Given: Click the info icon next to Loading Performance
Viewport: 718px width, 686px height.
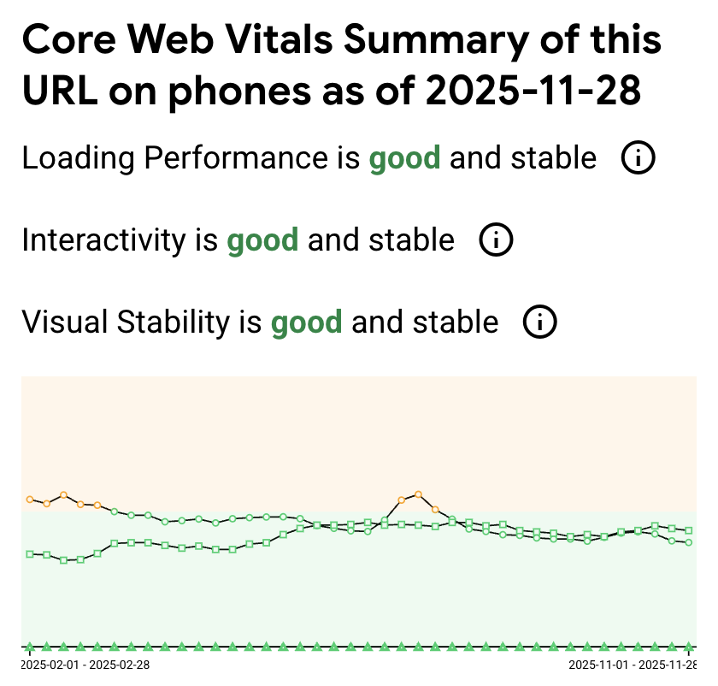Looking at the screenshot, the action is [x=638, y=157].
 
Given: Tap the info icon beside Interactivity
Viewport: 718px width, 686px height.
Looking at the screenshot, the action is [x=496, y=240].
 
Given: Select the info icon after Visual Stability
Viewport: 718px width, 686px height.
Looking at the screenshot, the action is [x=540, y=322].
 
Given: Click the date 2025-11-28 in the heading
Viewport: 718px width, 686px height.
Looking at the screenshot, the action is [x=533, y=91].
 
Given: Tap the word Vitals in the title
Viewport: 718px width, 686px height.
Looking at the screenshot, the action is [x=279, y=39].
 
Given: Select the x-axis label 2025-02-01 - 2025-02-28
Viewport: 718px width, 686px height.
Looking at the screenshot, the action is [x=85, y=665].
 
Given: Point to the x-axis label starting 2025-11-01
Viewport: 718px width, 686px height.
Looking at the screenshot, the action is [x=633, y=665].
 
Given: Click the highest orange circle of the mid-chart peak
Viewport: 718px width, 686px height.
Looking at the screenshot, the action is [x=418, y=494].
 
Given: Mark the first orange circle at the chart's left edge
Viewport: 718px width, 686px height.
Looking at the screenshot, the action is [x=30, y=499].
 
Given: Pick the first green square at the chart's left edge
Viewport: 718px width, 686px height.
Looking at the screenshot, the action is [x=30, y=554].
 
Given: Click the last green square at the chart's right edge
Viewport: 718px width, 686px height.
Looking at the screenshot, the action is [x=688, y=530].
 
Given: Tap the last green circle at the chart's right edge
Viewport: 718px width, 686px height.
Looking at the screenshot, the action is [x=688, y=542].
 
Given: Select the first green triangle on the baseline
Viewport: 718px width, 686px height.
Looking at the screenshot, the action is [x=30, y=647].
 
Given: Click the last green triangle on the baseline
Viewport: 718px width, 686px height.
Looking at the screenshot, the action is [x=688, y=647].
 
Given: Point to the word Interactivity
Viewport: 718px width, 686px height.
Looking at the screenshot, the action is [x=104, y=240].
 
